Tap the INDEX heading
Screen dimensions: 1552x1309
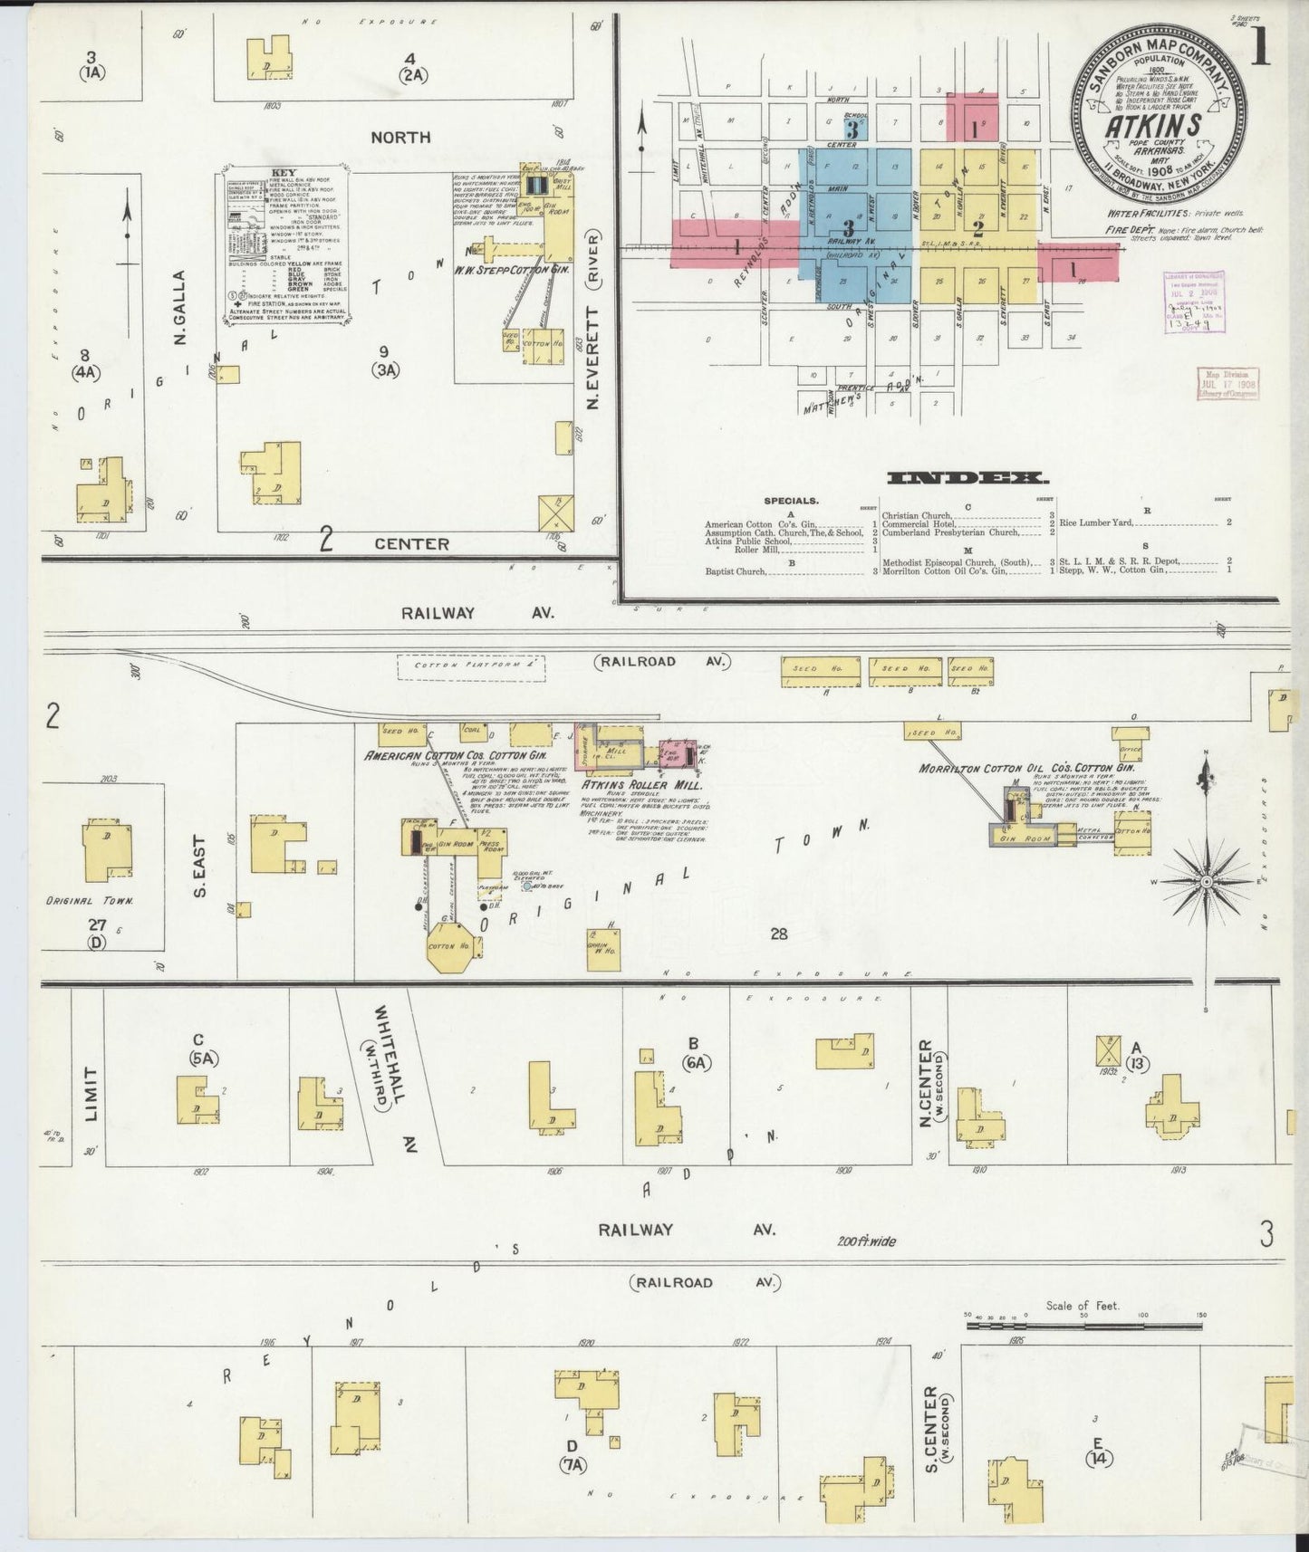pos(967,477)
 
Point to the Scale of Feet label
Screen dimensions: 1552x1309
pos(1083,1305)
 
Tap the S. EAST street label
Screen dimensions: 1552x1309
pos(199,866)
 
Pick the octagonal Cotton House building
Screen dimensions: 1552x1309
pos(450,946)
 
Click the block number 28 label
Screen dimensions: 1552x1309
pos(778,934)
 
